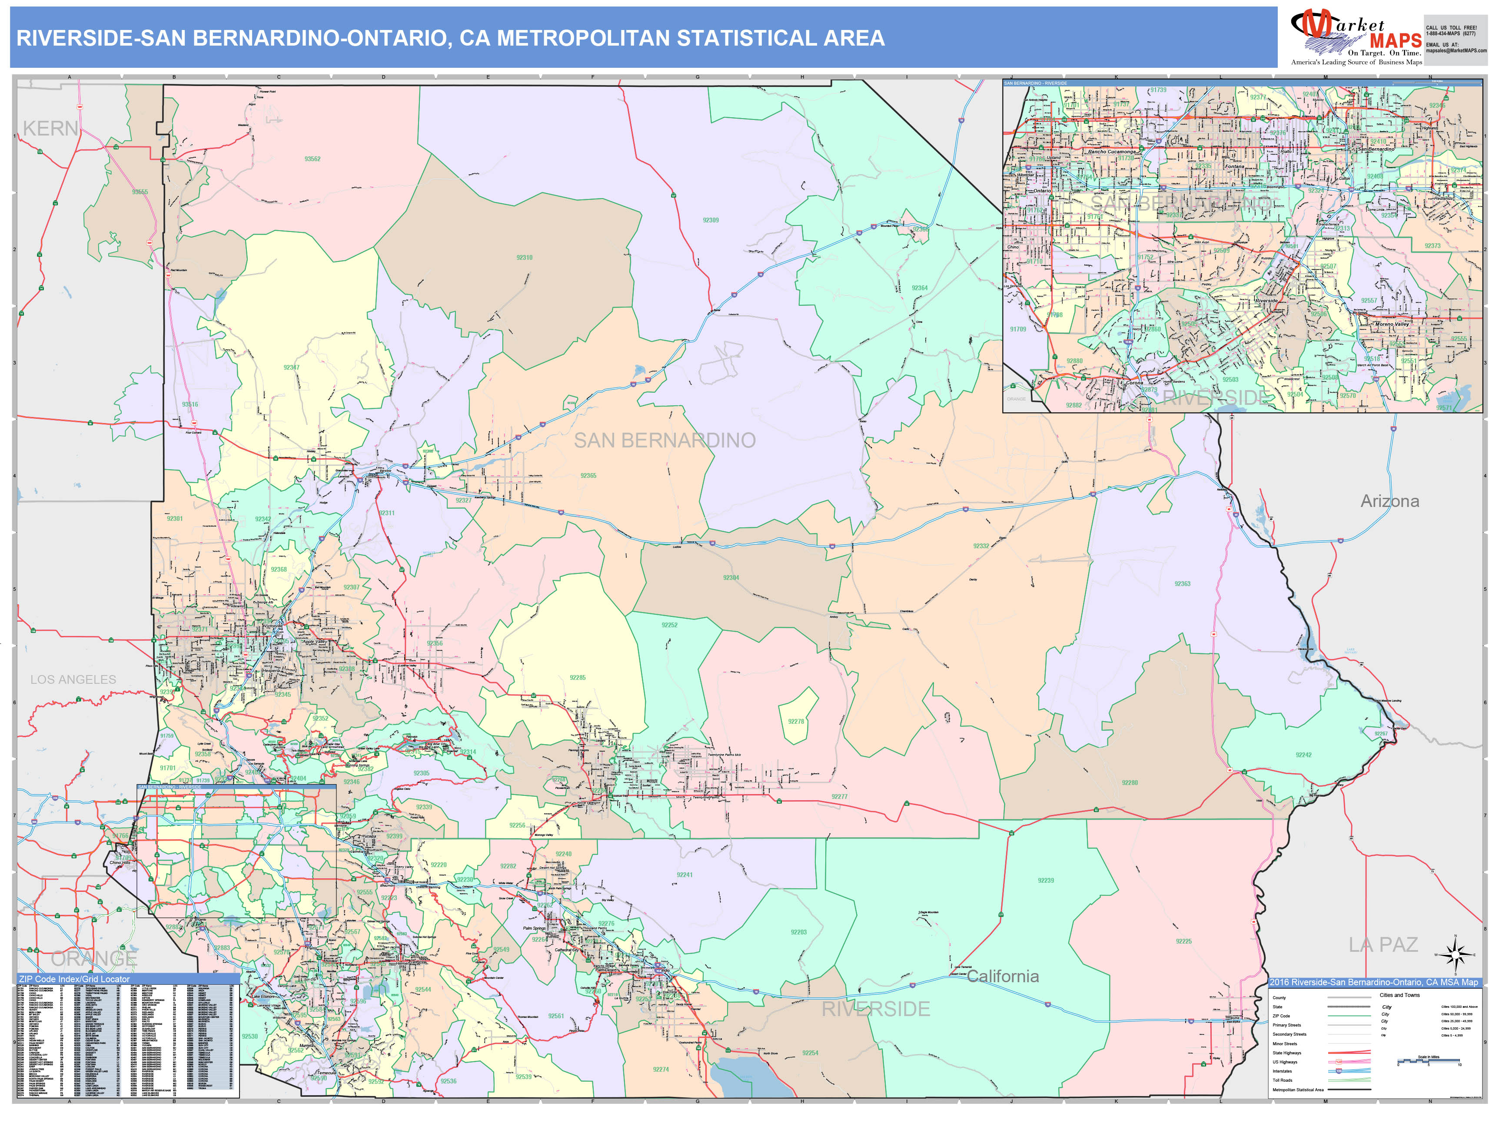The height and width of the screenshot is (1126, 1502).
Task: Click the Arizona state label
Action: pos(1389,502)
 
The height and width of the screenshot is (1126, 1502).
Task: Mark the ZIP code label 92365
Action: pos(588,476)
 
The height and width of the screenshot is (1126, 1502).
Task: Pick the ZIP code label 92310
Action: pos(524,258)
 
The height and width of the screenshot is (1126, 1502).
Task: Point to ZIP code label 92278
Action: pos(796,722)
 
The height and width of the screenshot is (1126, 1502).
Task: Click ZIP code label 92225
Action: pos(1183,941)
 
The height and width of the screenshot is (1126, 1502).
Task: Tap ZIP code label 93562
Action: pos(312,159)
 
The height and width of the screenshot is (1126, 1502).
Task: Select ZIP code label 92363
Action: pos(1182,584)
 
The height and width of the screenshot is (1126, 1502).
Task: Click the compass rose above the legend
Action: pos(1455,955)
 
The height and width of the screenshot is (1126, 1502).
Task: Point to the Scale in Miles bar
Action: pos(1428,1060)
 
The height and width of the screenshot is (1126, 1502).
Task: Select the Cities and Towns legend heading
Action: pos(1399,995)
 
